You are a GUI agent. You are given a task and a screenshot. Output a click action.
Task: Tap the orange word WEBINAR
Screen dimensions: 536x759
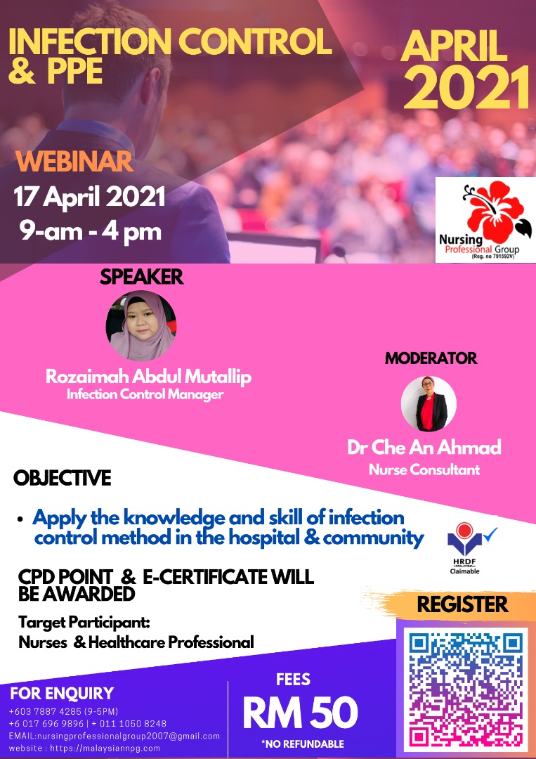click(x=74, y=162)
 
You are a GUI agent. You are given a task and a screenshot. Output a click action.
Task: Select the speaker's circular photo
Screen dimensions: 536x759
click(x=140, y=325)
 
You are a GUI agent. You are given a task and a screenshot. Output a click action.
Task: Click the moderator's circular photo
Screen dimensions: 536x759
click(x=429, y=403)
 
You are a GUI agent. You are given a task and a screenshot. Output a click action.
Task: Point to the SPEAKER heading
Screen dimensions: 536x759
click(x=142, y=277)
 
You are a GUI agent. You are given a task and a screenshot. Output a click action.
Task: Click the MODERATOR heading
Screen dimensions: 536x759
click(x=431, y=358)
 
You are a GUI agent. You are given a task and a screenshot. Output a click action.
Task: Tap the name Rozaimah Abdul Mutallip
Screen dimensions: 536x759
click(x=148, y=377)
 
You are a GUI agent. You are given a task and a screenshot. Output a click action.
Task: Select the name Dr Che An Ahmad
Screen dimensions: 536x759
click(x=424, y=448)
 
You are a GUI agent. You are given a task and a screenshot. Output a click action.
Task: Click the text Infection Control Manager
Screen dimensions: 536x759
click(x=145, y=394)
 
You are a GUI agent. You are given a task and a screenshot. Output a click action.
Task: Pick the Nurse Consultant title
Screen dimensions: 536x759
click(x=424, y=469)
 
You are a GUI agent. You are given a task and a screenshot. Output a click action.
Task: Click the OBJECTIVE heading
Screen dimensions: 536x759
click(x=62, y=479)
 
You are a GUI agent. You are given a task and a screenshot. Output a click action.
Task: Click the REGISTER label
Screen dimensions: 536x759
click(x=462, y=604)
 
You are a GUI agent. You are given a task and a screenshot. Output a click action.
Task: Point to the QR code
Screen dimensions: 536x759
click(x=466, y=689)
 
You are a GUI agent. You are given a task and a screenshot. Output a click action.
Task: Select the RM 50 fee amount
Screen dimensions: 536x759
click(x=300, y=713)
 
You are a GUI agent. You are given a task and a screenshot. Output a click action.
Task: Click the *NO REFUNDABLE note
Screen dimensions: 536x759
click(x=302, y=744)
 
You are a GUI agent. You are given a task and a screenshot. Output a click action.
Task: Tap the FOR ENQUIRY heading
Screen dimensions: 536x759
click(x=62, y=693)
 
